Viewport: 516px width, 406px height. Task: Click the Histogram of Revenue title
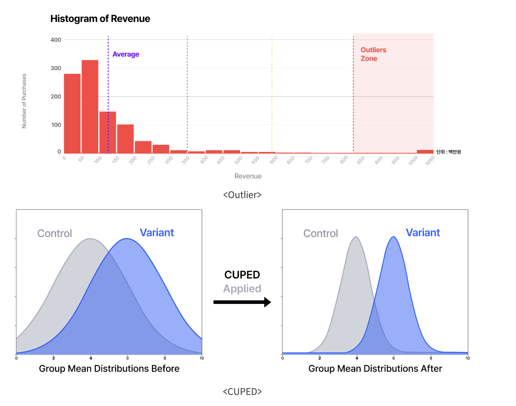click(100, 19)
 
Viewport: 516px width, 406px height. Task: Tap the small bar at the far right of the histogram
click(425, 152)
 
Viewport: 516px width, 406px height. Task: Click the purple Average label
click(126, 54)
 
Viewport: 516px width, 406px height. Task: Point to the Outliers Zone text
click(373, 54)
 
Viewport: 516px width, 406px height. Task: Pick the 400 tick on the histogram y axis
click(56, 40)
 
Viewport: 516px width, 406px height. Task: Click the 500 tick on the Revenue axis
click(239, 160)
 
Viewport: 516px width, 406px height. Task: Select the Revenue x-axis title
click(248, 176)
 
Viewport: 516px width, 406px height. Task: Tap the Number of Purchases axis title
click(24, 101)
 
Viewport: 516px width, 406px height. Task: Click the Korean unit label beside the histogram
click(448, 152)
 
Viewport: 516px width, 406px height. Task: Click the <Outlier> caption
click(242, 195)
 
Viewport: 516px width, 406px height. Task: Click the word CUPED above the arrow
click(242, 275)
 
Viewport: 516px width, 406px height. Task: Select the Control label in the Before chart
click(55, 233)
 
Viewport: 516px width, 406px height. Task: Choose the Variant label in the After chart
click(423, 233)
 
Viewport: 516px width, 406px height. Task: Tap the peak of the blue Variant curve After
click(394, 237)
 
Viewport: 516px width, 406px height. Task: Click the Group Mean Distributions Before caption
click(109, 369)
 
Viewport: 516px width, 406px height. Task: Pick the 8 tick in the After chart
click(431, 358)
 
